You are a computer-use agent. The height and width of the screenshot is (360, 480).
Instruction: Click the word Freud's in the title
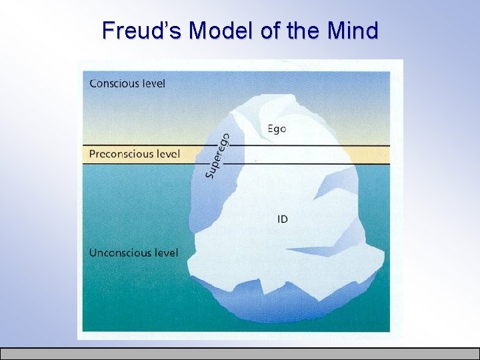[142, 30]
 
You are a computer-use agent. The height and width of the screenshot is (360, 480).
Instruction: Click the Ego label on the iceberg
[277, 129]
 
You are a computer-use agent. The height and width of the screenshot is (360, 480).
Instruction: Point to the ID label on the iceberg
[282, 219]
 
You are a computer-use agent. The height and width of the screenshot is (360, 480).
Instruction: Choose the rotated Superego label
[218, 156]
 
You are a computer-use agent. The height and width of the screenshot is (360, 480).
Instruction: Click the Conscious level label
[127, 83]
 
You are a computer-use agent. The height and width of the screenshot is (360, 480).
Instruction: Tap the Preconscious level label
[134, 155]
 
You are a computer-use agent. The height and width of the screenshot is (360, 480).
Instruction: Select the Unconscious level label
[133, 253]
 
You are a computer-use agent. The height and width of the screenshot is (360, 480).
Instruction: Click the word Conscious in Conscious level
[114, 83]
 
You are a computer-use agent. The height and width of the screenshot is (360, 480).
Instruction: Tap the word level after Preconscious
[168, 155]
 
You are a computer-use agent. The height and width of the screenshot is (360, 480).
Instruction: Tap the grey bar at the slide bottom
[240, 353]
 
